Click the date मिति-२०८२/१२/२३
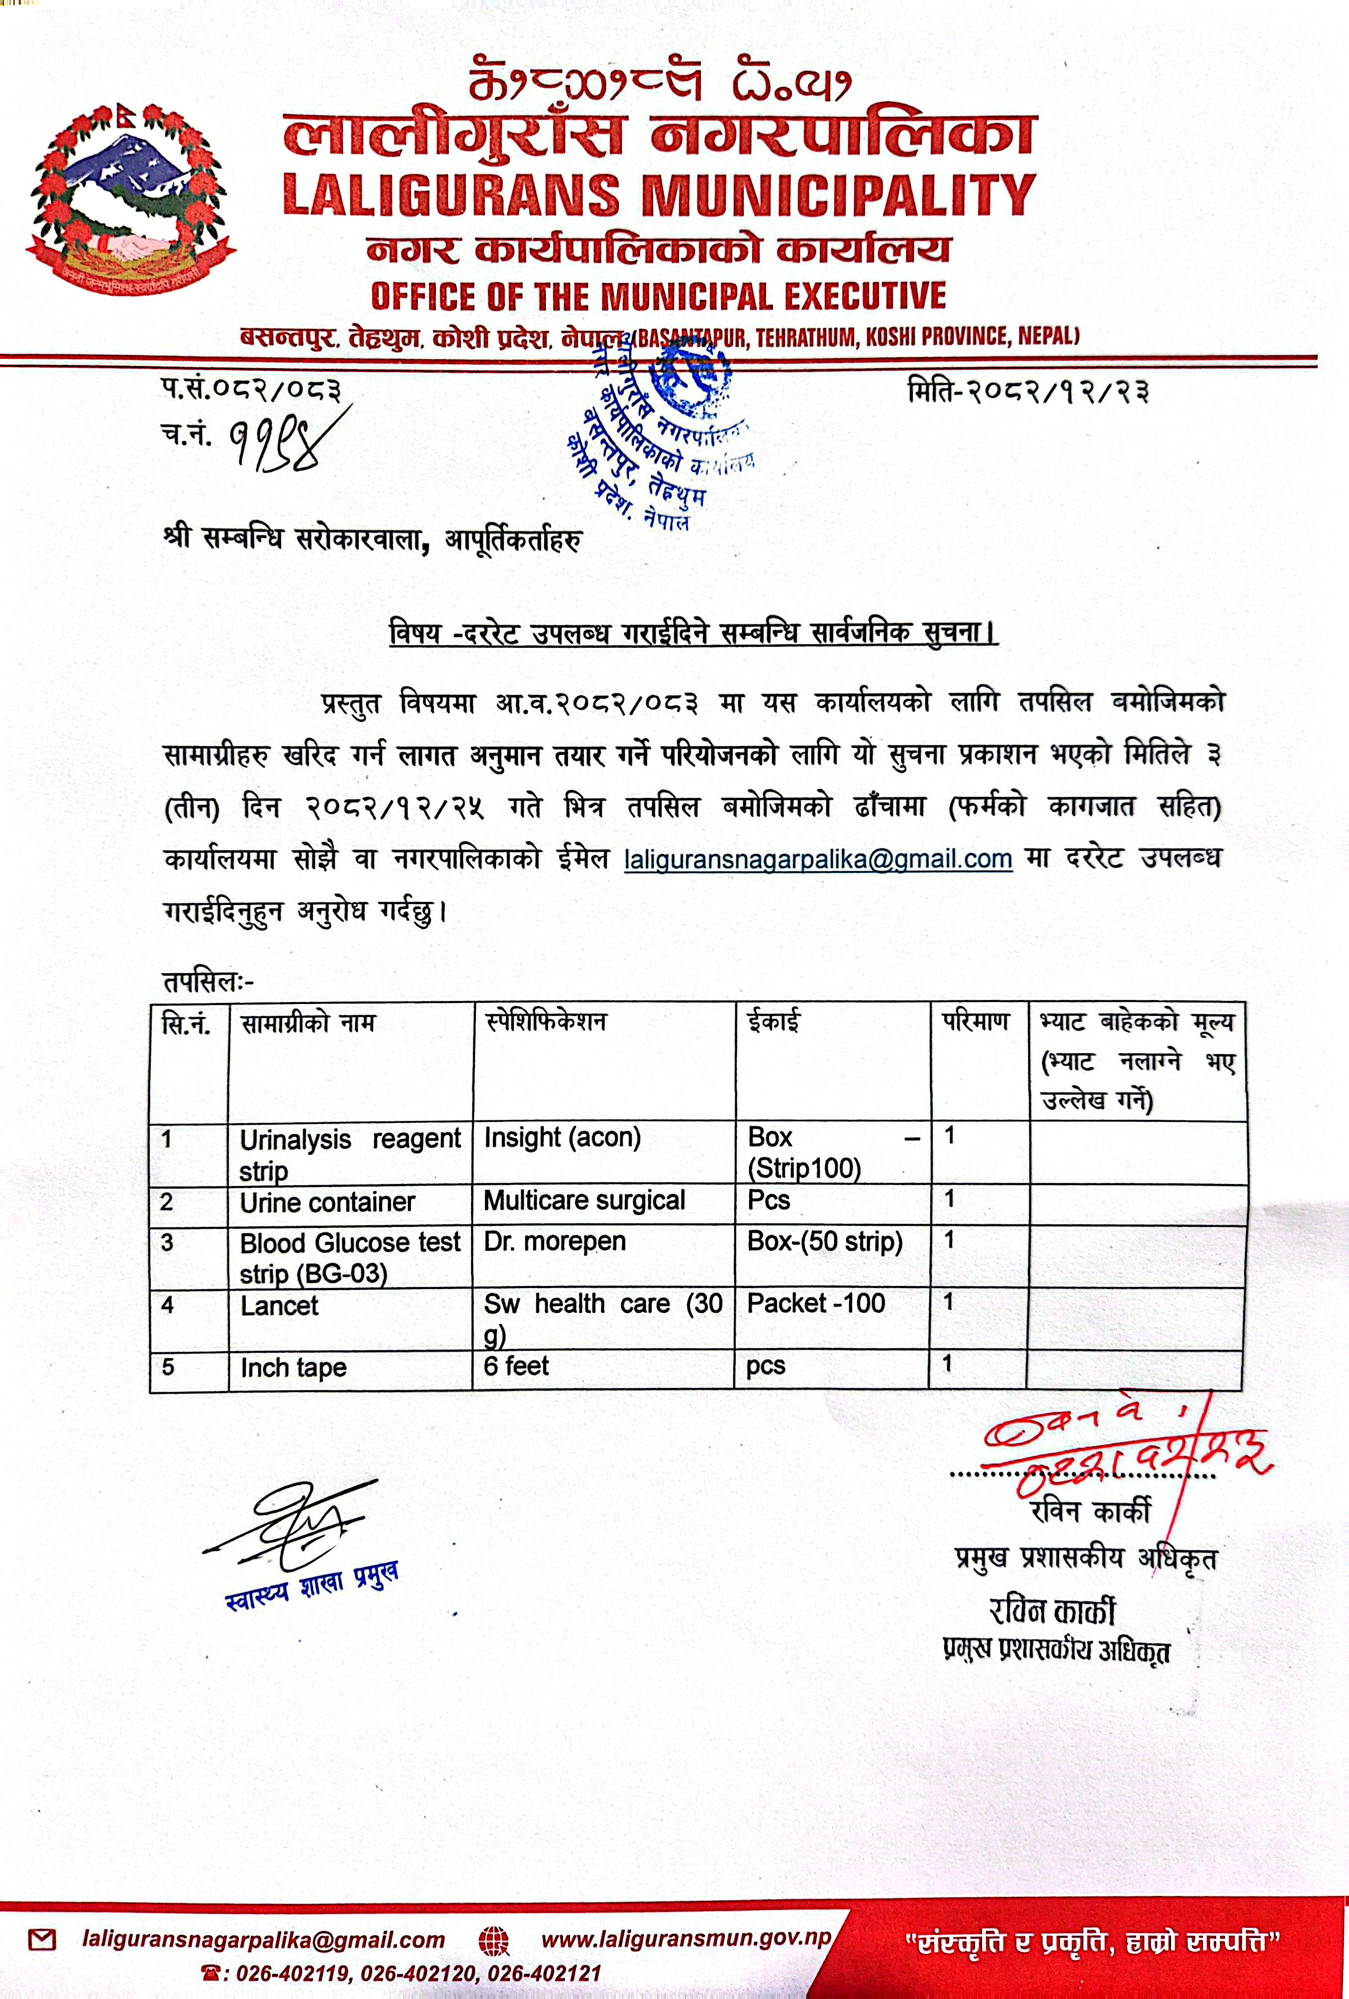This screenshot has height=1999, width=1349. pyautogui.click(x=1028, y=392)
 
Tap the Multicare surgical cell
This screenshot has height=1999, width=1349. pyautogui.click(x=584, y=1201)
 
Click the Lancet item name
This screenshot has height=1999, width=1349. pyautogui.click(x=280, y=1305)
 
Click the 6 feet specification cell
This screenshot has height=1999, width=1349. pyautogui.click(x=516, y=1366)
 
